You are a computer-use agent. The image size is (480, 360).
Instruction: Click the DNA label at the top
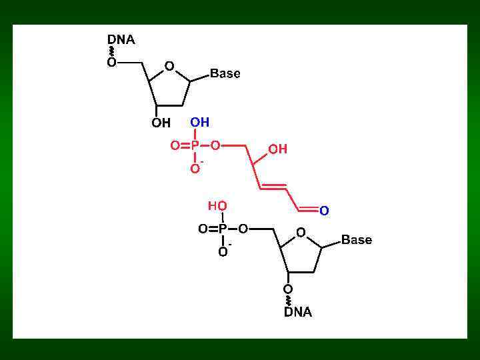tap(121, 40)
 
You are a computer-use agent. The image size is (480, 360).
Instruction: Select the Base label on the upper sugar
tap(225, 73)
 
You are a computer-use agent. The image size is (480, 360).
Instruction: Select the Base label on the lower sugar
tap(356, 240)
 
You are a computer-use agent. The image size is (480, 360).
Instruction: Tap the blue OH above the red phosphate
tap(199, 122)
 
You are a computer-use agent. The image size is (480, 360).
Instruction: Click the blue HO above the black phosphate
tap(217, 205)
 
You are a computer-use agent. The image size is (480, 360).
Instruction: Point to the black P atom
tap(223, 229)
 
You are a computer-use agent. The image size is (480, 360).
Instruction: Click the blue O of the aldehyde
tap(324, 211)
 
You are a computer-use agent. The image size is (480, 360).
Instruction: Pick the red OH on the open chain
tap(277, 149)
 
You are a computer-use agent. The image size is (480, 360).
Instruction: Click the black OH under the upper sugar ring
tap(161, 123)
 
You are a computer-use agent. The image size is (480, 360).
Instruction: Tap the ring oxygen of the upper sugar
tap(169, 66)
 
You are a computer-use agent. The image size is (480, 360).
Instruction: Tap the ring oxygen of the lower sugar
tap(301, 233)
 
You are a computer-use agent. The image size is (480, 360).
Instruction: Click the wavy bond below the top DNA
tap(111, 51)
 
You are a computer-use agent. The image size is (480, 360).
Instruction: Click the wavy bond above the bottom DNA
tap(288, 300)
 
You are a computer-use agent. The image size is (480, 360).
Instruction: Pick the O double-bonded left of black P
tap(203, 229)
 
